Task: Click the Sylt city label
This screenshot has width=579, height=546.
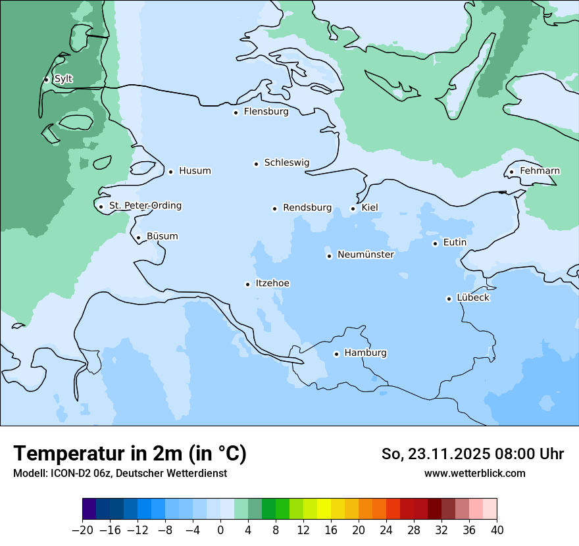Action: (63, 79)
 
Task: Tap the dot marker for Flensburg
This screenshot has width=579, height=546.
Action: (236, 112)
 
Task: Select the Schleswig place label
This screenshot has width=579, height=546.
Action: (286, 162)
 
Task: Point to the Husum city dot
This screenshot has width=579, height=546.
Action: (170, 172)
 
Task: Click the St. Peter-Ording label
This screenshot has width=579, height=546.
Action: (145, 206)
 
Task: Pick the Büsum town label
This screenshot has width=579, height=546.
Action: (162, 236)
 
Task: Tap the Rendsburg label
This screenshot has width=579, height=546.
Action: (307, 208)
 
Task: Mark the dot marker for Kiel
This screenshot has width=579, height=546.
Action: (353, 209)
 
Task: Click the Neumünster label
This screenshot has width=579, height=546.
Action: (366, 255)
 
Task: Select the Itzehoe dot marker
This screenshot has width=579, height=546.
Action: (247, 284)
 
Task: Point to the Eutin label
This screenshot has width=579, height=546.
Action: (455, 243)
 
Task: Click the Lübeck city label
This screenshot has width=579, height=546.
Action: (473, 297)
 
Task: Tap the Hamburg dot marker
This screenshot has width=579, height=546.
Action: (336, 354)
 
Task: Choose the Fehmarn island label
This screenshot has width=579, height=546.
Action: (540, 171)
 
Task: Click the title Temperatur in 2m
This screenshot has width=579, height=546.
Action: (130, 453)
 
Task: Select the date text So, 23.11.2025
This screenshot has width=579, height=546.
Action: (435, 454)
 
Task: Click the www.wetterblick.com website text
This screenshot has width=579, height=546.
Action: (474, 473)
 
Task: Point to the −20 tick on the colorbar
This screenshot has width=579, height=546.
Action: (82, 530)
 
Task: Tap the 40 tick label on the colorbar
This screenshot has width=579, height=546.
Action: (497, 530)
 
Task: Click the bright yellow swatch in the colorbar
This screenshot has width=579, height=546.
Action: (324, 509)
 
